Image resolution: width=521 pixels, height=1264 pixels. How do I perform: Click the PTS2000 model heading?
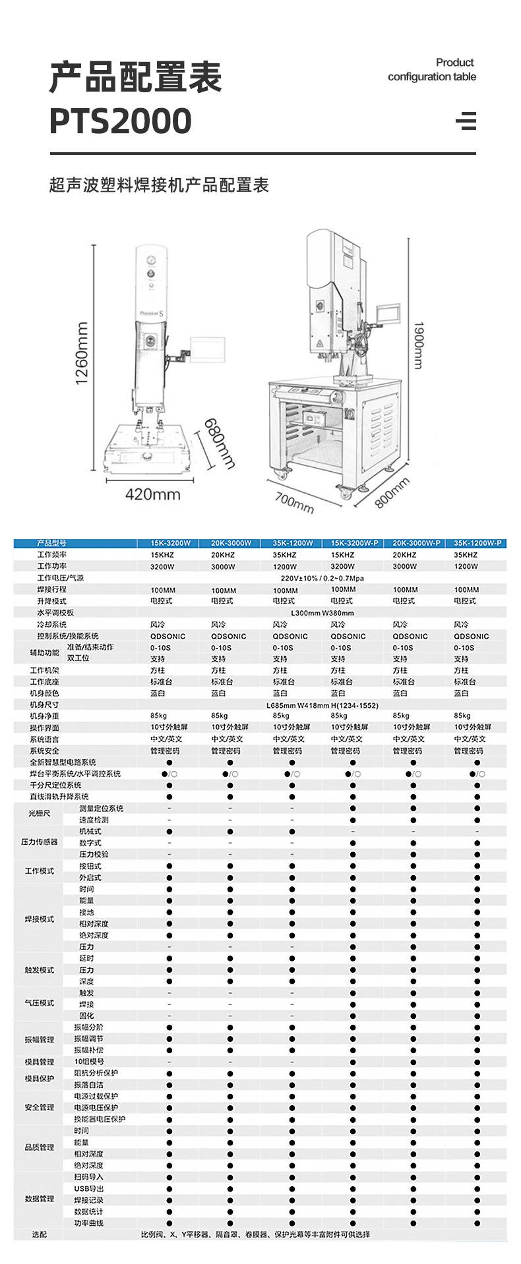(x=121, y=121)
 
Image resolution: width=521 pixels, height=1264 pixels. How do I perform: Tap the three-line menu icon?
(x=466, y=121)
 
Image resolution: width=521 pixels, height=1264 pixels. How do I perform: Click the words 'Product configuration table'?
(x=432, y=70)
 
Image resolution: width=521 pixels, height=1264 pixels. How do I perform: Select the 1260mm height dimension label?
(x=82, y=353)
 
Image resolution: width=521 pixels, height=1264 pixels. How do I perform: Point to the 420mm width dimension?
(x=152, y=494)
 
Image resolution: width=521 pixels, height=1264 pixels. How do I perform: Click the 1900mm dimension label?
(x=418, y=345)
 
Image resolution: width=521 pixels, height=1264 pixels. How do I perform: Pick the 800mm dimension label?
(x=392, y=493)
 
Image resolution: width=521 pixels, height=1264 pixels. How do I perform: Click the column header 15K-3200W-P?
(x=354, y=543)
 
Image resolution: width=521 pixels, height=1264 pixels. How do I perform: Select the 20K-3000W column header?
(x=231, y=543)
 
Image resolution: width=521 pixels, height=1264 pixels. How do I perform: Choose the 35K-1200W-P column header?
(x=477, y=543)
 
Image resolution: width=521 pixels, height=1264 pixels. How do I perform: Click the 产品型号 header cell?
(x=52, y=543)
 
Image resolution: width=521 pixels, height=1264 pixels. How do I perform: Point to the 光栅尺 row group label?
(x=39, y=814)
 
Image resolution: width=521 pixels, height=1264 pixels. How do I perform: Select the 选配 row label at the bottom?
(x=40, y=1234)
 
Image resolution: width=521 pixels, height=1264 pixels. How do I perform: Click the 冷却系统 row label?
(x=52, y=624)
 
